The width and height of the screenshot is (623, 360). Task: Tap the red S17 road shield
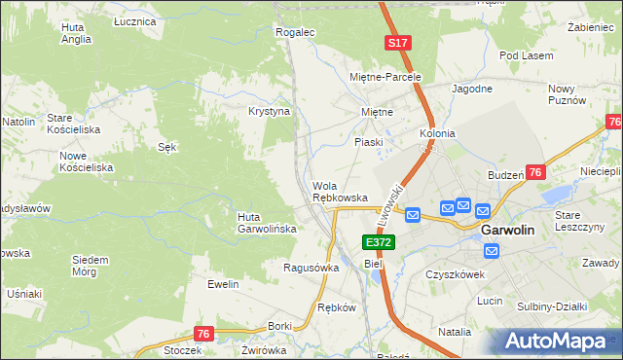397,44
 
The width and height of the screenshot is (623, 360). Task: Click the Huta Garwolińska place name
262,223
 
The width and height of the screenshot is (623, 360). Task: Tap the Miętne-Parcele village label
385,77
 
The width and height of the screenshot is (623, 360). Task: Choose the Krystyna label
270,111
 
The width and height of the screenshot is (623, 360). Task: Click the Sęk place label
166,147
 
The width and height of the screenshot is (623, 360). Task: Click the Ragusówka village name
311,267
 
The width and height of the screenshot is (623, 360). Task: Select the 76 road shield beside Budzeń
535,172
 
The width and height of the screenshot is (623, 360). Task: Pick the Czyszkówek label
455,274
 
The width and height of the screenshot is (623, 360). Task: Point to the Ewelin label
223,284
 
